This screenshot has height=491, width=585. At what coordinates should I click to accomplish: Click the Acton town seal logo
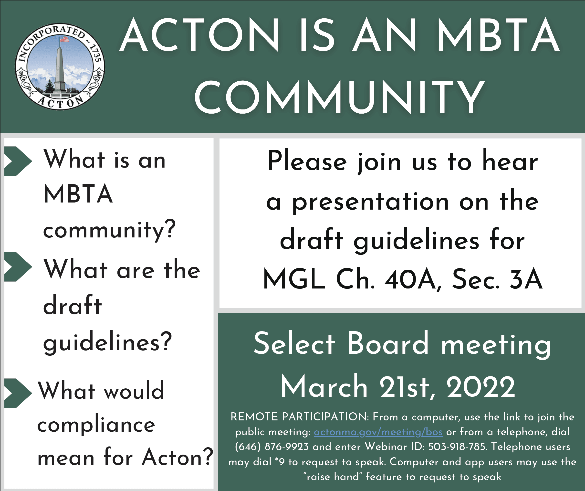pos(60,66)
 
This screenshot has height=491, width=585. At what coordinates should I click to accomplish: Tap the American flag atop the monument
pos(64,39)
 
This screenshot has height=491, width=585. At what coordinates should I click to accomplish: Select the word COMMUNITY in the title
pos(340,97)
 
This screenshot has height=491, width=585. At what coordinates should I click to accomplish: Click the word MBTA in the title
pos(498,35)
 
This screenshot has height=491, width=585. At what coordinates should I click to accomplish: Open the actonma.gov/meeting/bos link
pos(378,432)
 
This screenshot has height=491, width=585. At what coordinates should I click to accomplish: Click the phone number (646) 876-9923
pos(272,447)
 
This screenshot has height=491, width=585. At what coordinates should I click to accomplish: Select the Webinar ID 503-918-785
pos(457,447)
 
